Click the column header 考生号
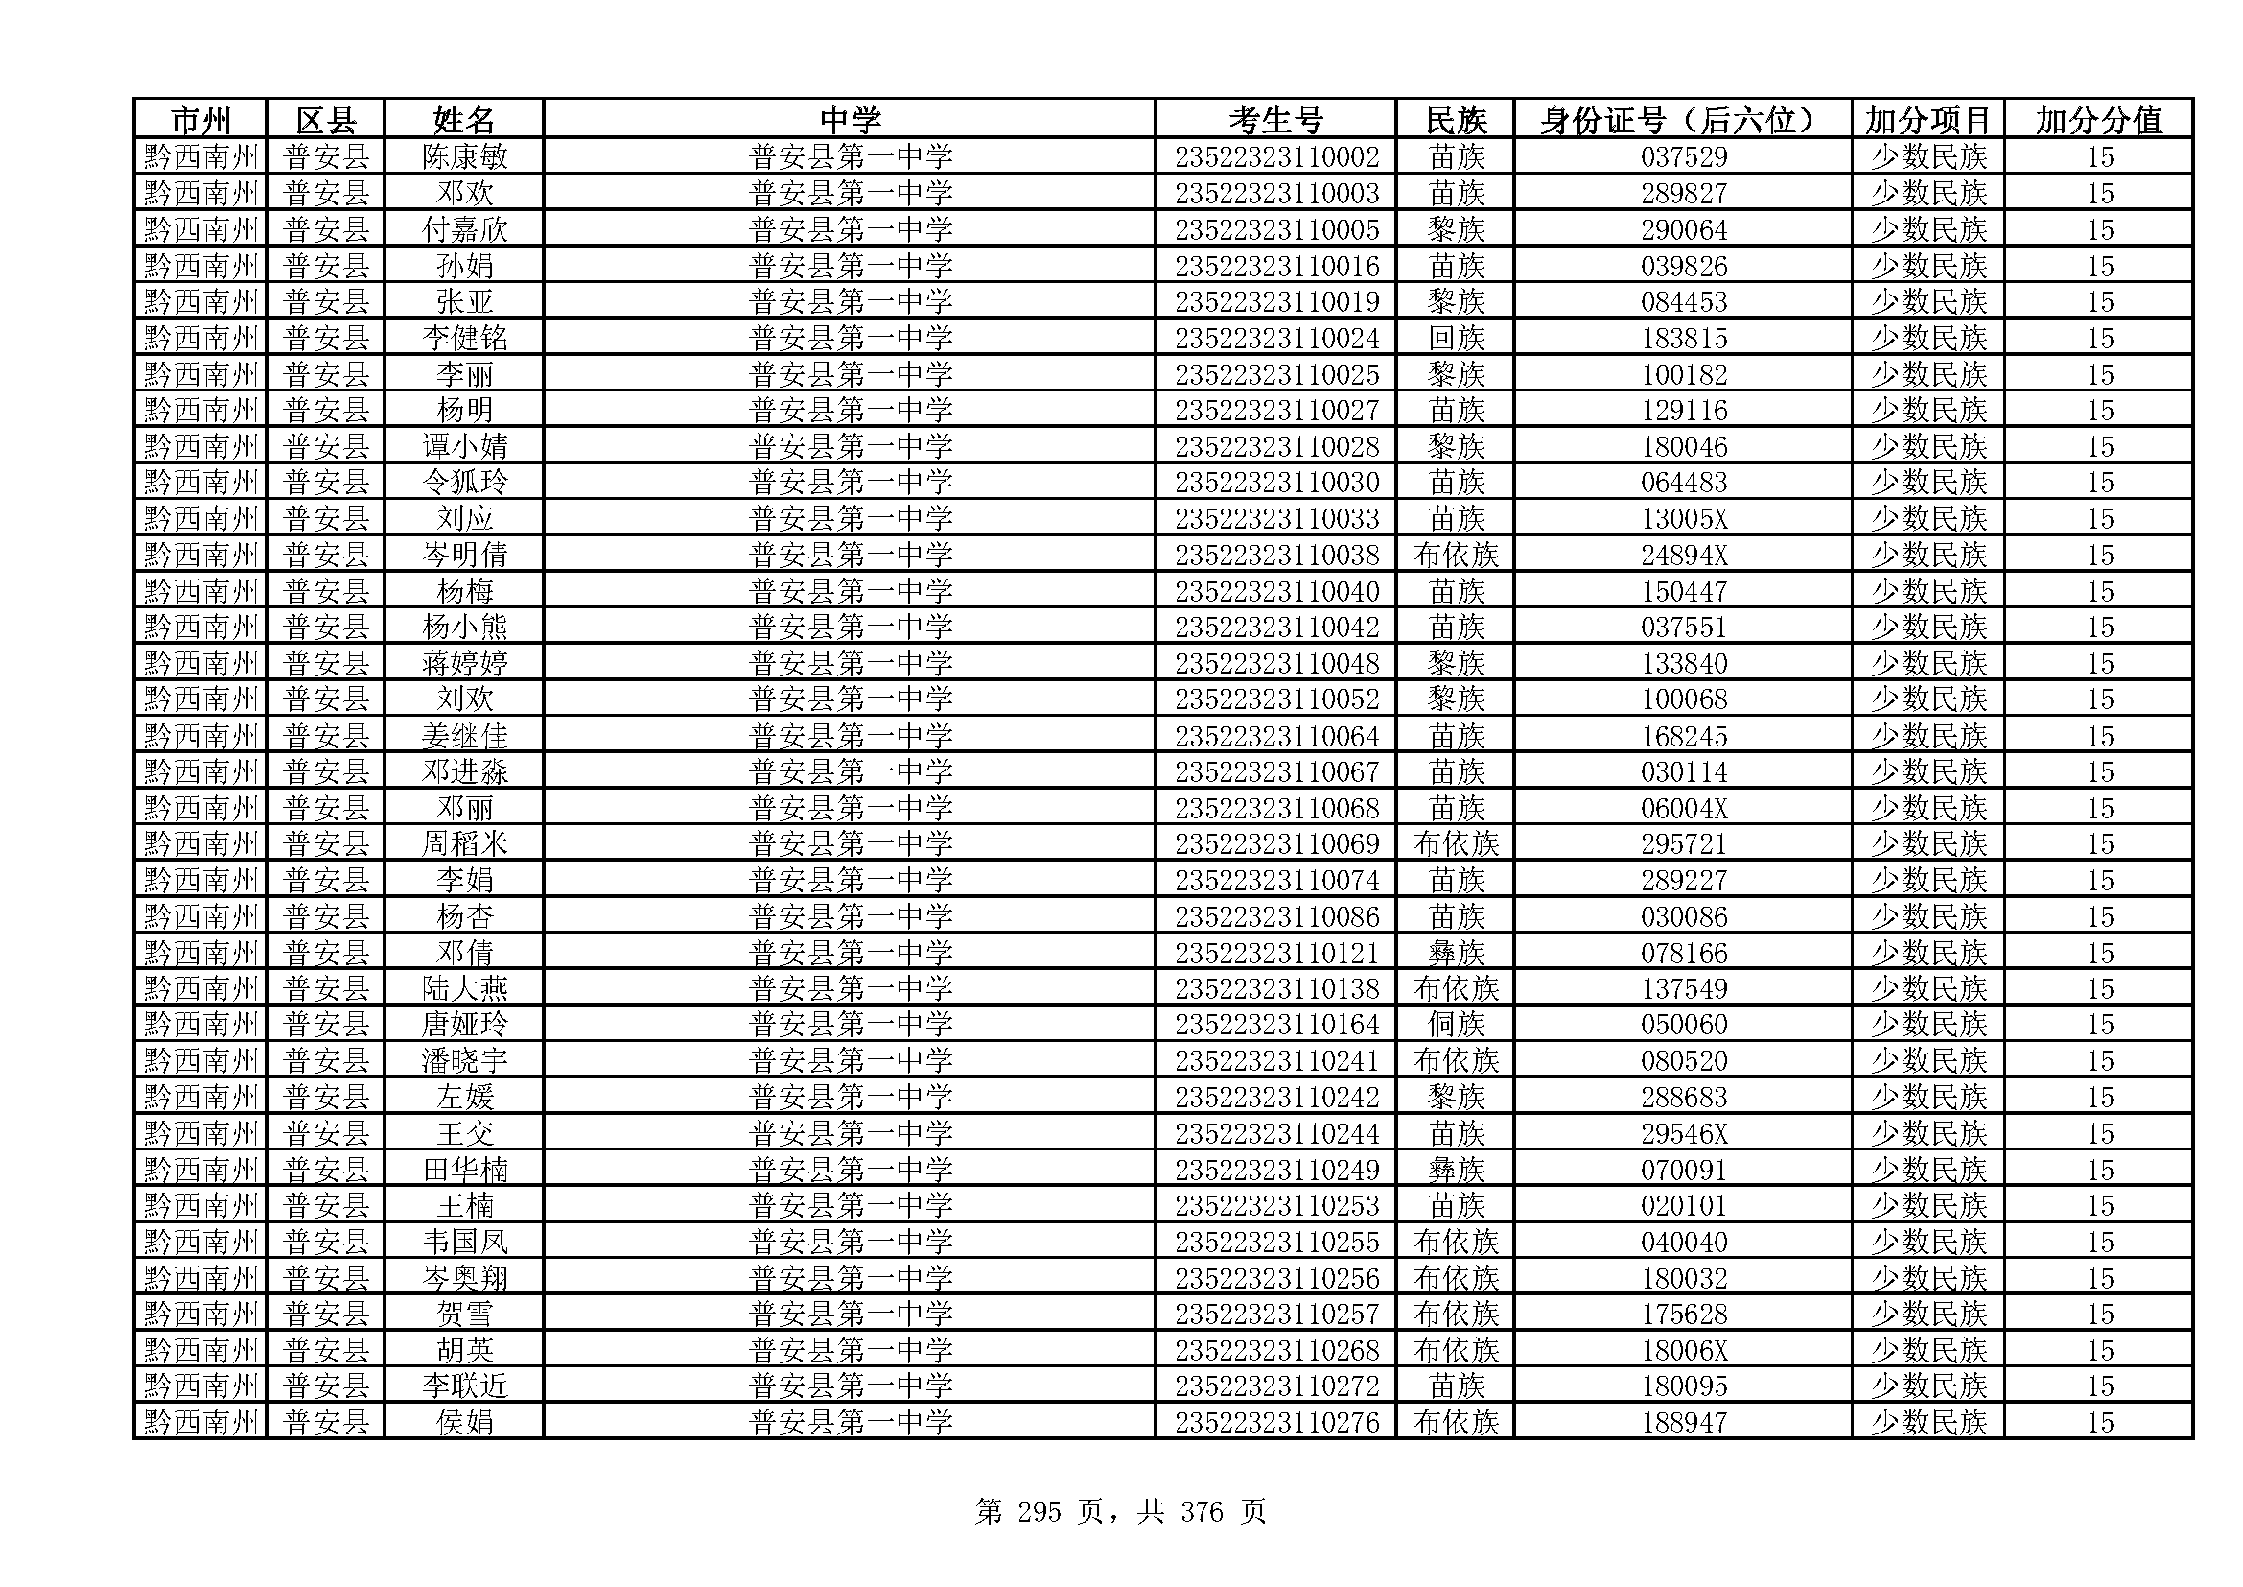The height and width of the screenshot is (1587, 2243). point(1274,120)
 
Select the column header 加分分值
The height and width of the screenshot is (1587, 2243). point(2098,120)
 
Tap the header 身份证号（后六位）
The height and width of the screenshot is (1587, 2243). point(1682,120)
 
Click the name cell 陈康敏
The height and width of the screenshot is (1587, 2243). point(464,157)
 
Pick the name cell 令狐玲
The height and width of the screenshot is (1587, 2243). point(464,483)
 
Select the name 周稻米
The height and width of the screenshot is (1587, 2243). point(464,844)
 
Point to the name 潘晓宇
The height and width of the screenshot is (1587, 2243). point(464,1061)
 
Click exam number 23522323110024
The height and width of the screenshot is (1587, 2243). point(1275,339)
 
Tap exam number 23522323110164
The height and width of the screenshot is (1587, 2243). point(1275,1025)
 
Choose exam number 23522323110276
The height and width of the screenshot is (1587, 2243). point(1275,1423)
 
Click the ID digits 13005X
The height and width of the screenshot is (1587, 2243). point(1683,519)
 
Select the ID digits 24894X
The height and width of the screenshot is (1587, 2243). point(1683,555)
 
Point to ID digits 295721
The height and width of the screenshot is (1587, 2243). point(1683,844)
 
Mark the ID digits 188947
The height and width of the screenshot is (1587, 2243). point(1683,1423)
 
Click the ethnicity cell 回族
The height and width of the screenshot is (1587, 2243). point(1456,339)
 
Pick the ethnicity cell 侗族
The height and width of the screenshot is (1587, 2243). point(1456,1025)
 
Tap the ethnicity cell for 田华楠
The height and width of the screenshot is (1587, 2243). point(1456,1170)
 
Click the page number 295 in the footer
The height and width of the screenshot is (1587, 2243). point(1039,1513)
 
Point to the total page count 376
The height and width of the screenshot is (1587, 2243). point(1201,1513)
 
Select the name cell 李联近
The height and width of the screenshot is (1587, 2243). point(464,1386)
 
